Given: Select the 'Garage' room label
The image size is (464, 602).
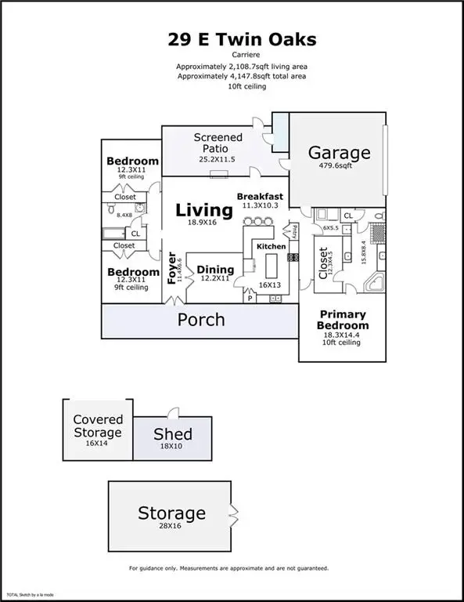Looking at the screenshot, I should click(337, 152).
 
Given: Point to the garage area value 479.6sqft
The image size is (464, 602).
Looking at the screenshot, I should click(337, 166).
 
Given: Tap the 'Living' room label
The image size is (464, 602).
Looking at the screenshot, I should click(203, 210).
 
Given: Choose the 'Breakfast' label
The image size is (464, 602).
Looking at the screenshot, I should click(260, 196).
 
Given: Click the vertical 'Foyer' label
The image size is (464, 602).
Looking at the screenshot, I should click(173, 268).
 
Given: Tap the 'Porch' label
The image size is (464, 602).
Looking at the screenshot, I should click(201, 320).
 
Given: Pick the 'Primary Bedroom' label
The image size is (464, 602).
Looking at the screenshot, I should click(343, 319).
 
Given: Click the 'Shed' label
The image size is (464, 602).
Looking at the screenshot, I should click(172, 435).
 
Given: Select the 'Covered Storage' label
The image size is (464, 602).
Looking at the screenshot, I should click(98, 426).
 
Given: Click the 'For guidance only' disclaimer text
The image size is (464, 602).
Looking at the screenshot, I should click(228, 568).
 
